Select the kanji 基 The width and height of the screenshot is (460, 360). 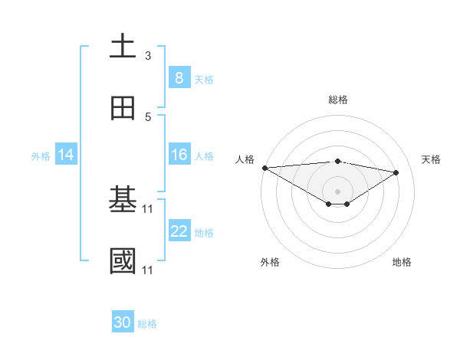pos(123,200)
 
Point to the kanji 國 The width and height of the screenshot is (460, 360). pos(123,261)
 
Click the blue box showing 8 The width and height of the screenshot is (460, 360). pos(179,77)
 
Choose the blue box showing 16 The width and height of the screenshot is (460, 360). pos(179,155)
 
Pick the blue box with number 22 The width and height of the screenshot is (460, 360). pos(179,231)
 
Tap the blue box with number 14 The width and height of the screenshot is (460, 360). pos(65,155)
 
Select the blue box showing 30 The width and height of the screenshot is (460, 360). pos(122,322)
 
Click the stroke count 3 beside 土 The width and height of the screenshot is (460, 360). pos(148,56)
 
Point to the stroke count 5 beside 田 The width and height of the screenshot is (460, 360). pos(148,117)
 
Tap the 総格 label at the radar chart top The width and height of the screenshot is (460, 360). pos(337,100)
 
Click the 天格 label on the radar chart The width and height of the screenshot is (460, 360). pos(431,159)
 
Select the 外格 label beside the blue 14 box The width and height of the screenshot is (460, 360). pos(40,155)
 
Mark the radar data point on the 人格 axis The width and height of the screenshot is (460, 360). pos(264,167)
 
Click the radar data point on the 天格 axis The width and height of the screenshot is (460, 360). pos(396,172)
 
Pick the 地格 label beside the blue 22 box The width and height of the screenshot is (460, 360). pos(204,232)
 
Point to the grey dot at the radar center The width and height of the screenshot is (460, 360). pos(337,191)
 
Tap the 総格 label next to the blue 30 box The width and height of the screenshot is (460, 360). pos(147,323)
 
